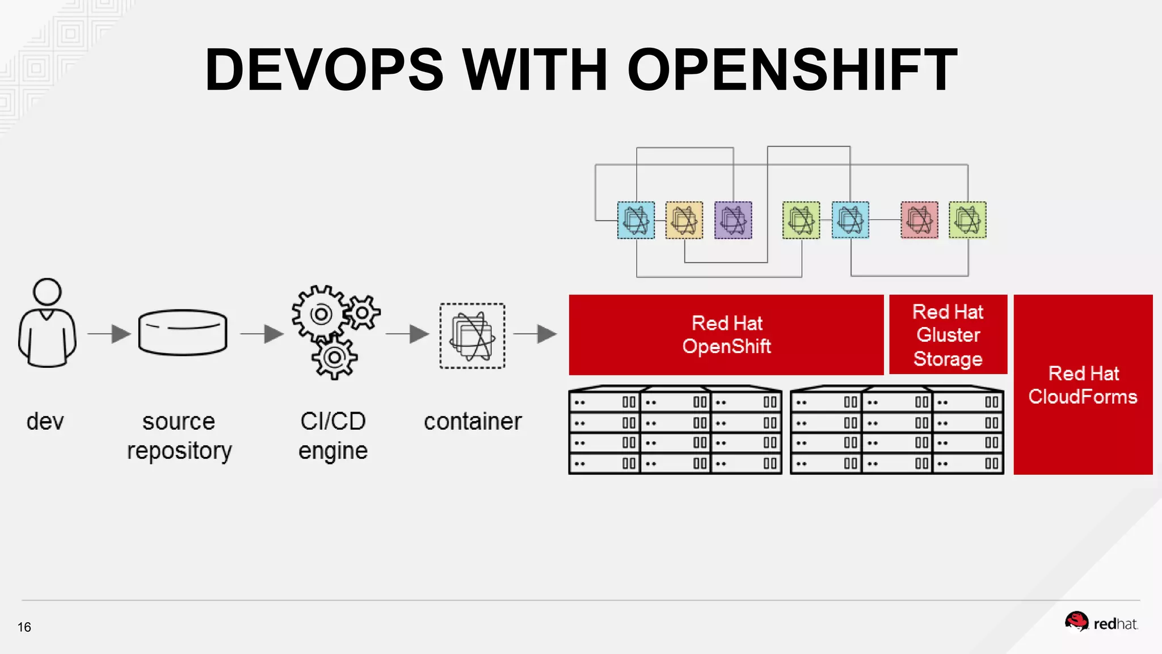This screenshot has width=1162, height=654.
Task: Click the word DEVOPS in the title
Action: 324,70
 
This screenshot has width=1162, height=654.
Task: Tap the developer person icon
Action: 47,322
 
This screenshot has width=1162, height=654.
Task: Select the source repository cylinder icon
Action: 183,332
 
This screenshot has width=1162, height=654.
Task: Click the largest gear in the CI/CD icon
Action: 320,314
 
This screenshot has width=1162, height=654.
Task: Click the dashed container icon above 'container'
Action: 472,336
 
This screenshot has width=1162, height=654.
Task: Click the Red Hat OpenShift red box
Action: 726,334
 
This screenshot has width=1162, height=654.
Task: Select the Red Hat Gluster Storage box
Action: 948,334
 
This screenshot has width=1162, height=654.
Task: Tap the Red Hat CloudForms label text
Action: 1083,385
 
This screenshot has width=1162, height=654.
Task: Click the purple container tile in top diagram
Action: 733,220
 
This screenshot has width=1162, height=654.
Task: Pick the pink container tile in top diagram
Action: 919,220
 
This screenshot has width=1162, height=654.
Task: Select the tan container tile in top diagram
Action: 684,220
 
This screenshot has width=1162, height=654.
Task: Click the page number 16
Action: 24,627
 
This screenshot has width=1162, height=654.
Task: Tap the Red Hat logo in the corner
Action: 1101,623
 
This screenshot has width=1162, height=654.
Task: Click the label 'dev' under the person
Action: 45,421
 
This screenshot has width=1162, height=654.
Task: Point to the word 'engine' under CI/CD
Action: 333,451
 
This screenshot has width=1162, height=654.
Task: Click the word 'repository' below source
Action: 179,451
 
